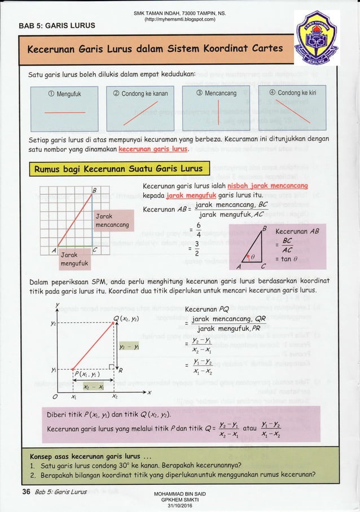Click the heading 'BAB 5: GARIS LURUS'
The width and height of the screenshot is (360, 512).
[x=57, y=25]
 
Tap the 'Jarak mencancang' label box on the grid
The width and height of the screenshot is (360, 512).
[x=113, y=221]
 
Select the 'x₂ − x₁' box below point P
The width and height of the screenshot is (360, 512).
[x=89, y=388]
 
